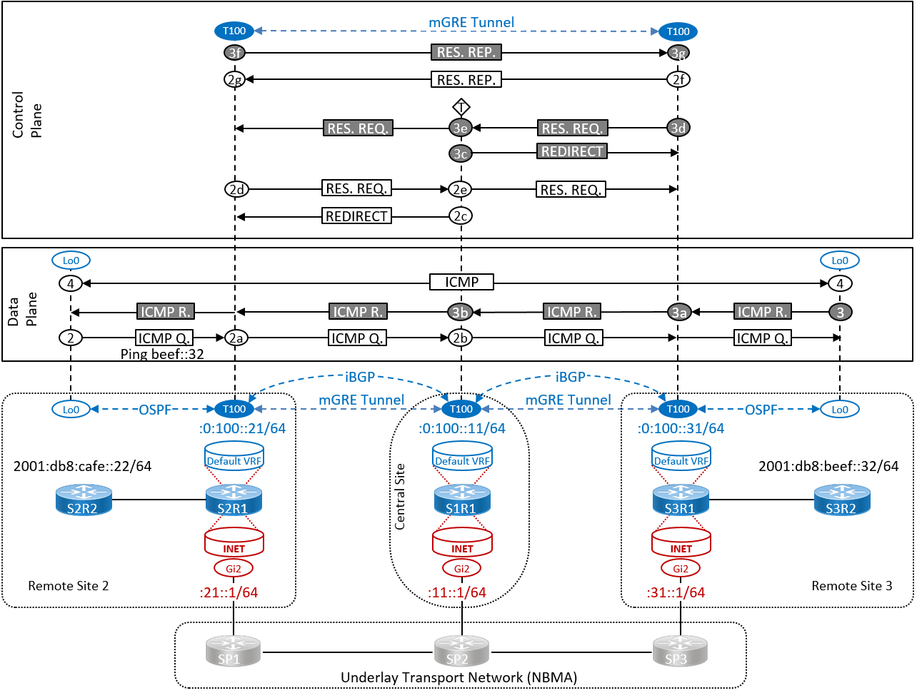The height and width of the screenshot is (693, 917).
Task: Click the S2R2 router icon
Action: [84, 500]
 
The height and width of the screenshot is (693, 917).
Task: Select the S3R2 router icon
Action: [841, 500]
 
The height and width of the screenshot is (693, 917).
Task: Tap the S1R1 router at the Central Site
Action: [461, 500]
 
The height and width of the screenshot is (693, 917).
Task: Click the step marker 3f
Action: [234, 53]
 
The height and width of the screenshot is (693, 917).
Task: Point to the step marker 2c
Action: [461, 216]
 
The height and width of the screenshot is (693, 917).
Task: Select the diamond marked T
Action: [461, 108]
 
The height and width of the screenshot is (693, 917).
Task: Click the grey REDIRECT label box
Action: [572, 151]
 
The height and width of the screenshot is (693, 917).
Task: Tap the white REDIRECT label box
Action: [356, 216]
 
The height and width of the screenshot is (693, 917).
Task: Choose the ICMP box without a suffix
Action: [461, 282]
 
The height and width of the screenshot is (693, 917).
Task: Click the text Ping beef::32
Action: [162, 354]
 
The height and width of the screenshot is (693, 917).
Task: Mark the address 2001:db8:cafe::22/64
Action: [82, 466]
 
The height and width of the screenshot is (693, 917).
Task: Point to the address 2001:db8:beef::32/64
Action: [828, 466]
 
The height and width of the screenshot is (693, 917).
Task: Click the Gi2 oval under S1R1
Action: [461, 568]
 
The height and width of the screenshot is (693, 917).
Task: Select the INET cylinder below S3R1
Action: [681, 543]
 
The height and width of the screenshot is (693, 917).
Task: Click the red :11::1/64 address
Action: [457, 592]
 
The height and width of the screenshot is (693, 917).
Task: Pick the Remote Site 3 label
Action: [851, 586]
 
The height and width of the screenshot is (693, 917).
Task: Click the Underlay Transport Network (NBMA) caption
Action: [459, 677]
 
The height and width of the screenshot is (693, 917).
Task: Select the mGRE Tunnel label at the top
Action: [471, 22]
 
